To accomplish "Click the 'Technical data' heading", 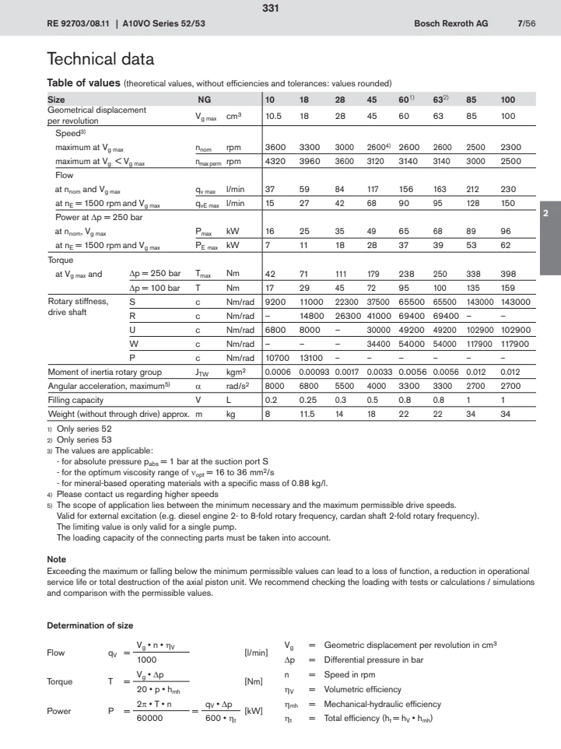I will pyautogui.click(x=100, y=59).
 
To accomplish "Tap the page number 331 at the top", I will pyautogui.click(x=280, y=9).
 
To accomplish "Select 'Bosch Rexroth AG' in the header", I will pyautogui.click(x=451, y=24).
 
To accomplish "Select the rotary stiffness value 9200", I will pyautogui.click(x=277, y=301).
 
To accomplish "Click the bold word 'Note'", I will pyautogui.click(x=57, y=559).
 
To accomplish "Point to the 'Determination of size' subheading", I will pyautogui.click(x=90, y=625).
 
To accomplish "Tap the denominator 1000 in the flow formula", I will pyautogui.click(x=147, y=659).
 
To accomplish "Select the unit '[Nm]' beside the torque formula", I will pyautogui.click(x=254, y=682).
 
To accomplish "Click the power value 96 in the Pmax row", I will pyautogui.click(x=507, y=232).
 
